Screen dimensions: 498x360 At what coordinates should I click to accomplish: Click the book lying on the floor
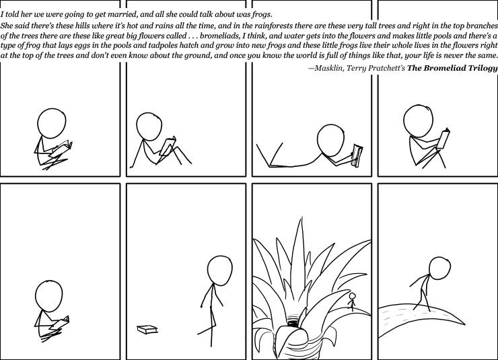tap(147, 330)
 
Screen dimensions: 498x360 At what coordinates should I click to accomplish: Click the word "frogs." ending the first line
tap(261, 15)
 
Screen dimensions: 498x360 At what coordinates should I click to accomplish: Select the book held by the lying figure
tap(357, 155)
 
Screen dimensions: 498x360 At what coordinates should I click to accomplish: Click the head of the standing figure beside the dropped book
tap(220, 271)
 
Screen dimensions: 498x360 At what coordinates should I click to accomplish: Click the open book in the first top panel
tap(61, 149)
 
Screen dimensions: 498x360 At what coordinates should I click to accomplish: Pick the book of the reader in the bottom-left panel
tap(61, 322)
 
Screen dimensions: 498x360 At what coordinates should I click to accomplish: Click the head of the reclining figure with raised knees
tap(149, 127)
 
